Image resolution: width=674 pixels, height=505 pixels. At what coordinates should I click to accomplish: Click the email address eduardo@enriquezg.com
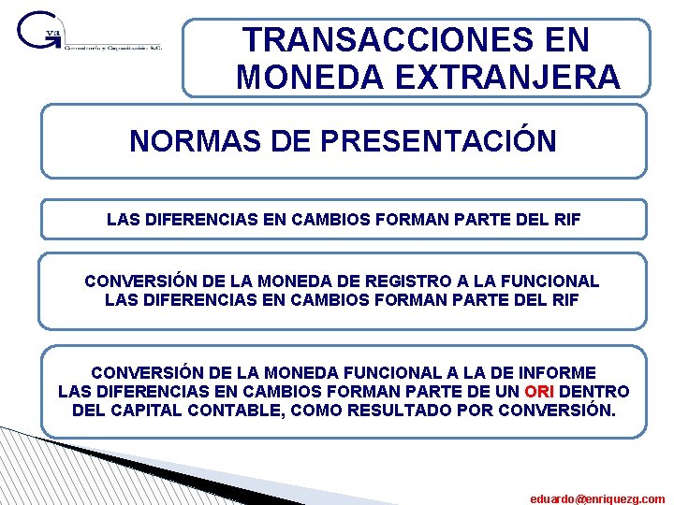tap(597, 498)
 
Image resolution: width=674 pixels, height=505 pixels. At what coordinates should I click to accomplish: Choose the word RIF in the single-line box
tap(564, 221)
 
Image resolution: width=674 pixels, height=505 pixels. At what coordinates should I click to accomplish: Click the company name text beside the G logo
tap(113, 48)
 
